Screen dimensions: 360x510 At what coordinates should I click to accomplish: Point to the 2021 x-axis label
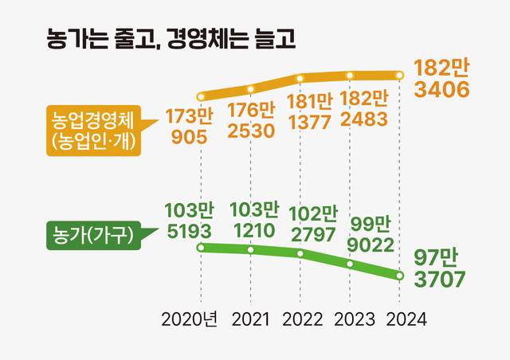click(251, 320)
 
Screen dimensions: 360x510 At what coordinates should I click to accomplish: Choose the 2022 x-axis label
click(301, 320)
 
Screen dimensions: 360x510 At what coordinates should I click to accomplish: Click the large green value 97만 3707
click(440, 268)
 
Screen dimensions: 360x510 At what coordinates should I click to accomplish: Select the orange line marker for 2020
click(201, 96)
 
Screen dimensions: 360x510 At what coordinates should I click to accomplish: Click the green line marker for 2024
click(400, 276)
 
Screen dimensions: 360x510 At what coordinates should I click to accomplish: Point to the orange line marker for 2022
click(300, 79)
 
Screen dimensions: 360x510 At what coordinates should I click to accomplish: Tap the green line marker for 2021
click(251, 250)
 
